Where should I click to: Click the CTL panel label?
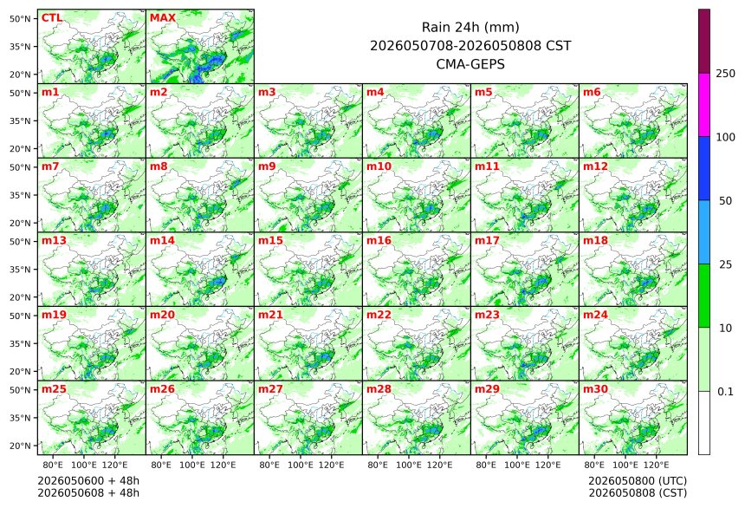coord(52,18)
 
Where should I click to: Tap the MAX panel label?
coord(163,18)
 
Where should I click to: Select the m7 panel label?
coord(50,166)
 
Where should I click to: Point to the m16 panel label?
coord(379,241)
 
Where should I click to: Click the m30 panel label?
coord(595,389)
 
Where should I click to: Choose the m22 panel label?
coord(379,315)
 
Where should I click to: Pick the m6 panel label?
coord(592,92)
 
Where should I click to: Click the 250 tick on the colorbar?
coord(726,74)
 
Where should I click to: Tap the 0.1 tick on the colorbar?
coord(725,392)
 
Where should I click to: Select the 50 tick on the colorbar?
coord(725,201)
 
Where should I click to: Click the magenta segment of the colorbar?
coord(704,105)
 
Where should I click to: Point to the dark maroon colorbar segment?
coord(704,42)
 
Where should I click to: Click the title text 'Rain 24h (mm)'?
coord(470,27)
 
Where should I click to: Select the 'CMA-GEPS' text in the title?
coord(470,64)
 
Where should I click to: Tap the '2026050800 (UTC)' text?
coord(638,481)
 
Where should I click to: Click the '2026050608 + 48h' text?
coord(88,492)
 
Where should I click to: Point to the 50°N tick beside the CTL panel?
coord(20,18)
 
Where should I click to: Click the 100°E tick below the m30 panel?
coord(625,465)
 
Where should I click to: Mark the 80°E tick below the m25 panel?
coord(53,465)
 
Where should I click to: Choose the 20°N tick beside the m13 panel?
coord(20,297)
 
